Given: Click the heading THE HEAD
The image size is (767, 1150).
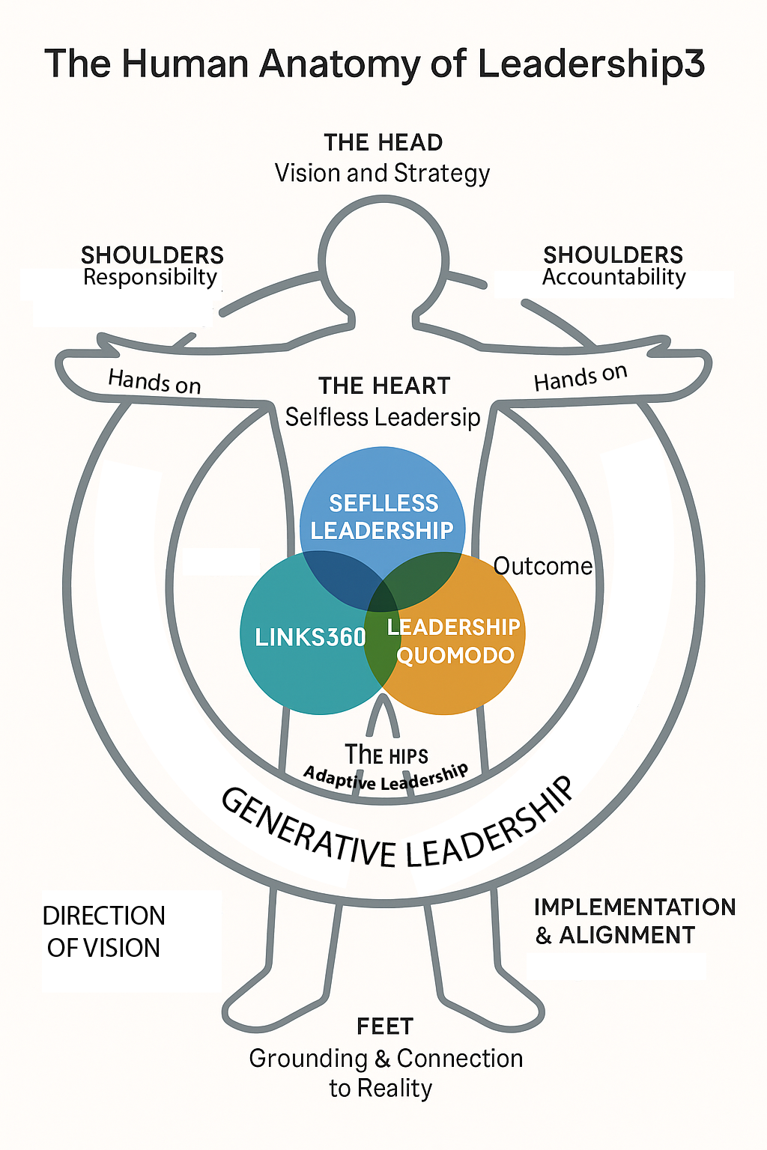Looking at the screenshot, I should click(383, 142).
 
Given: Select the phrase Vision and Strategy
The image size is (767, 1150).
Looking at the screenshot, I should click(382, 173).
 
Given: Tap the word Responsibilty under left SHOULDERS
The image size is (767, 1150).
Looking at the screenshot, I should click(150, 278).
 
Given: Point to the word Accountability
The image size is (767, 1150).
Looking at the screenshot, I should click(613, 278).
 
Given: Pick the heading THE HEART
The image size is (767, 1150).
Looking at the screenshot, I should click(384, 386).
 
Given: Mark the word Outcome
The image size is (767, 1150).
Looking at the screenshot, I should click(543, 566).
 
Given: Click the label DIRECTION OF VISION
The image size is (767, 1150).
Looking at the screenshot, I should click(103, 932).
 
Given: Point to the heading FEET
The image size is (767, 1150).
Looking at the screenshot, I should click(385, 1026).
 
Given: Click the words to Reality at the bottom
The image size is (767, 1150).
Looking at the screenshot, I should click(381, 1088).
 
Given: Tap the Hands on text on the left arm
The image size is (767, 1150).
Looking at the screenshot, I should click(154, 381).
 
